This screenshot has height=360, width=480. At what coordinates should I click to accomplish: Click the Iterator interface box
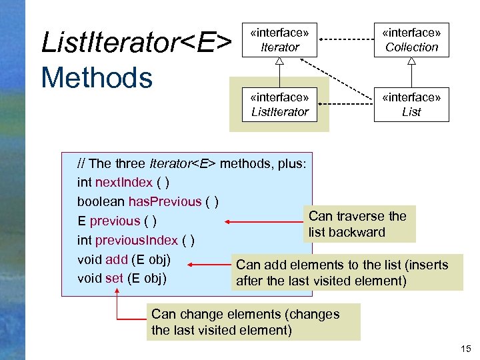coord(279,40)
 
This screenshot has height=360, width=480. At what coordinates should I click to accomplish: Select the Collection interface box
coord(411,40)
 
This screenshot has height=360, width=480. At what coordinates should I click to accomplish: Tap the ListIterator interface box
coord(279,105)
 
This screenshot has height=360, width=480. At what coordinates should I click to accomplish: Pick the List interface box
coord(411,105)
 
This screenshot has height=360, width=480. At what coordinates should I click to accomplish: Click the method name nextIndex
coord(124,183)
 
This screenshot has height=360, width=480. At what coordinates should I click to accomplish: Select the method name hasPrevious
coord(165,201)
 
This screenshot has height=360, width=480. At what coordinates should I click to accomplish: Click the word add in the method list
coord(117,259)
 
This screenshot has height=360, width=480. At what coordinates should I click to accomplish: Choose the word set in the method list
coord(115,278)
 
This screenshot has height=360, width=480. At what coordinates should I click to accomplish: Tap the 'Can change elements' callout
coord(253,322)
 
